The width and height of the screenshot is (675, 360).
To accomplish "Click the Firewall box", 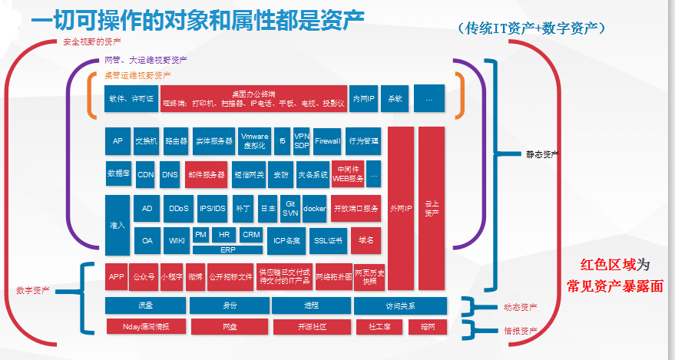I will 328,141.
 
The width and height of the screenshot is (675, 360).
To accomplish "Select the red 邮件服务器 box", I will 205,174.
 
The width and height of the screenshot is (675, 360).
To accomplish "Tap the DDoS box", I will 177,208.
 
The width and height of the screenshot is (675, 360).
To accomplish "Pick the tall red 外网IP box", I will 401,207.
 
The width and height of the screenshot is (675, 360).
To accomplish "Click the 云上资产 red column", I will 432,207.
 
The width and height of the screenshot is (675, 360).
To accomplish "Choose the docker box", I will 315,208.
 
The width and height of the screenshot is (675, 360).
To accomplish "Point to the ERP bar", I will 228,249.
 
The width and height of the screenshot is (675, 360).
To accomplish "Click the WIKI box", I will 177,240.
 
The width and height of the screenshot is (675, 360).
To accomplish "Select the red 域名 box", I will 366,240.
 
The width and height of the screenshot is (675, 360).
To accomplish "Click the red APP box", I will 116,276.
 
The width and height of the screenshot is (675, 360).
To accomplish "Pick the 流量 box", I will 145,305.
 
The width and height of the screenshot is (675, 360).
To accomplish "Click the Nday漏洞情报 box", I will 146,326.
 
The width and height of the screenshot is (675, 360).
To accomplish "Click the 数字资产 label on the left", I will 32,290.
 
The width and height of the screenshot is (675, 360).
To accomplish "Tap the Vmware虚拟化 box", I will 254,140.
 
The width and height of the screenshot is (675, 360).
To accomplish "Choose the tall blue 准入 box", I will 117,224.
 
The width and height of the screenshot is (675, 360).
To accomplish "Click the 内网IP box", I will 363,98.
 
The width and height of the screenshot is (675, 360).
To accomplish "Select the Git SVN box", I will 290,208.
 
